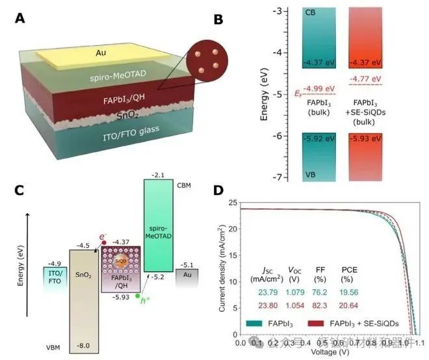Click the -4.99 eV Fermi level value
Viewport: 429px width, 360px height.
click(319, 89)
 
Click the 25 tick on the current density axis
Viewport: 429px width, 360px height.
click(231, 203)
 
